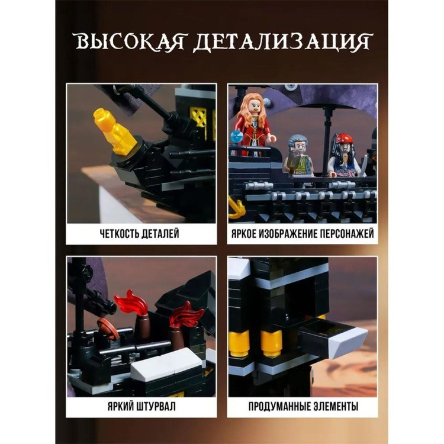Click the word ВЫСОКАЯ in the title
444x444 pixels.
coord(130,42)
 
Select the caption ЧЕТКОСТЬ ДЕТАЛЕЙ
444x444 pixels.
coord(139,234)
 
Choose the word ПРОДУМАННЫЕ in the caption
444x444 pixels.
coord(279,406)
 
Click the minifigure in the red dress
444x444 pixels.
coord(253,125)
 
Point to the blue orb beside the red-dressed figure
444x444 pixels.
coord(236,137)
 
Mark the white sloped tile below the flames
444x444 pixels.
coord(166,363)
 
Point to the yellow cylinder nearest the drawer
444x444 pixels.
coord(271,343)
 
